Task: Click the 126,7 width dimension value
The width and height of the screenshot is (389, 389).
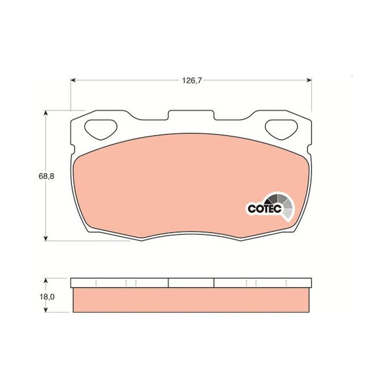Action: pyautogui.click(x=192, y=80)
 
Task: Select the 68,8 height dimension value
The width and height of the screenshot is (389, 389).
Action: pyautogui.click(x=46, y=177)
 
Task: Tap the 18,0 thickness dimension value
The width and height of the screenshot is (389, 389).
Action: pyautogui.click(x=47, y=297)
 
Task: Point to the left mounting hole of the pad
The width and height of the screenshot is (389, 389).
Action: pyautogui.click(x=101, y=129)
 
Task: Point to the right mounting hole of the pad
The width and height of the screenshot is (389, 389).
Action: pyautogui.click(x=282, y=129)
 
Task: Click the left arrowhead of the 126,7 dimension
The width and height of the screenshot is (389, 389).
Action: pyautogui.click(x=73, y=80)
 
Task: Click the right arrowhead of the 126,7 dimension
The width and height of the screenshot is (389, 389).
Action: pyautogui.click(x=309, y=80)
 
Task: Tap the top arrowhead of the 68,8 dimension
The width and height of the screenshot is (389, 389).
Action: pyautogui.click(x=45, y=113)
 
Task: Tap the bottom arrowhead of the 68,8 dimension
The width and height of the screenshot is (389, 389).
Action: pyautogui.click(x=45, y=238)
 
